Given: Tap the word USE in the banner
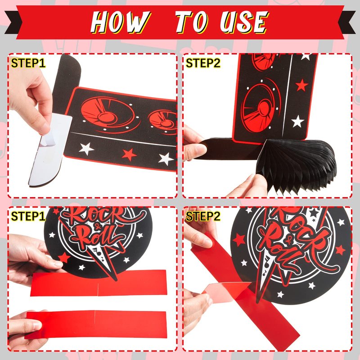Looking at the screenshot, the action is coord(244,22).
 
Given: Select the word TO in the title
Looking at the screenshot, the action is coord(192,22).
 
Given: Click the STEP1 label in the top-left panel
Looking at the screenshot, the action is coord(28,63).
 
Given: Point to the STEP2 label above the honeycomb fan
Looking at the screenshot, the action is coord(203,63).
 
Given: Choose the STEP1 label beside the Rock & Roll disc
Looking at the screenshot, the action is coord(28,216).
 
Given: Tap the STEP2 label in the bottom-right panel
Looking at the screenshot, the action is coord(203,216).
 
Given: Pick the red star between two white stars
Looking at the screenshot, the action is coord(129,154).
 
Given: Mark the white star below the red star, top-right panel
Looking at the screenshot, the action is coord(297,121).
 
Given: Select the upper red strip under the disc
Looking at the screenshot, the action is coord(99,283).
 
